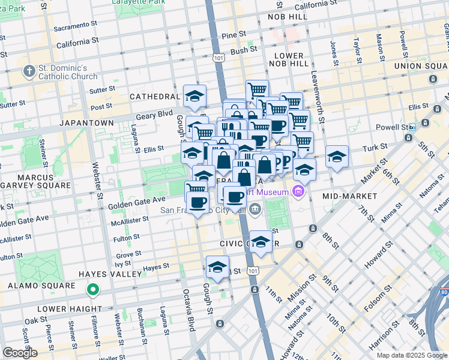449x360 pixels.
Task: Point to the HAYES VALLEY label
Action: pos(110,274)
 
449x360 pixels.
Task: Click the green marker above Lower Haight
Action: pos(92,291)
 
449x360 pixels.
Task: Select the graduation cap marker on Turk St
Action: pos(337,157)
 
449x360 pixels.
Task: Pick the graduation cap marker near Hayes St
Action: pos(218,268)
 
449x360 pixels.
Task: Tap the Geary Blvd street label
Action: pos(157,113)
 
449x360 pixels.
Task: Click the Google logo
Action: pos(19,353)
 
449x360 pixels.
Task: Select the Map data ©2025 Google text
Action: pos(412,355)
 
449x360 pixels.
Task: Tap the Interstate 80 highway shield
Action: pos(444,292)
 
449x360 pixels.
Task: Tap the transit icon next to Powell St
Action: pos(412,127)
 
